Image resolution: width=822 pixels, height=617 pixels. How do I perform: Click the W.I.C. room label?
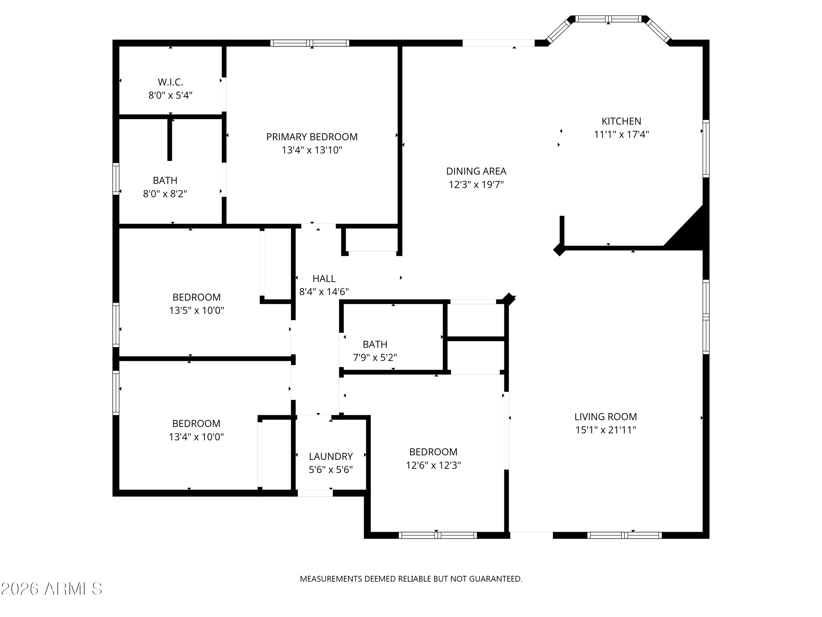170,82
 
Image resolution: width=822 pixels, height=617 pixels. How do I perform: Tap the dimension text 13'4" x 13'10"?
312,150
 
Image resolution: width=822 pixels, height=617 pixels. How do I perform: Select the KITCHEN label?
621,121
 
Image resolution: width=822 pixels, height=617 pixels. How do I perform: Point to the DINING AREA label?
476,171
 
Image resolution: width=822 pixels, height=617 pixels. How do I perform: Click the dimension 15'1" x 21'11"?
606,430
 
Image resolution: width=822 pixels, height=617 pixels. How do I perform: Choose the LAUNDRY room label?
331,456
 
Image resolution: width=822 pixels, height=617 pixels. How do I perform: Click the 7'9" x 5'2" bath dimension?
375,357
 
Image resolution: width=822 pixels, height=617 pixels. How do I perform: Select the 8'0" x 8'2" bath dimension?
165,194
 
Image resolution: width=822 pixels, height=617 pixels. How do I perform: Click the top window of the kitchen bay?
608,19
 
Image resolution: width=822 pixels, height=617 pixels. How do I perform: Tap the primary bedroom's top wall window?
310,43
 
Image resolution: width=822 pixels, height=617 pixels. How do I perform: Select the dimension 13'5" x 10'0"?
196,310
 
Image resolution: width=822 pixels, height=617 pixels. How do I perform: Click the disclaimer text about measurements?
411,579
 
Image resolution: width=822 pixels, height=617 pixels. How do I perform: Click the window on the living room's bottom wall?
624,535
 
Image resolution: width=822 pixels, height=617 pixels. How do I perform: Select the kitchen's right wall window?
706,148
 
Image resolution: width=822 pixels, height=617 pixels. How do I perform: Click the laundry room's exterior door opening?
315,493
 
